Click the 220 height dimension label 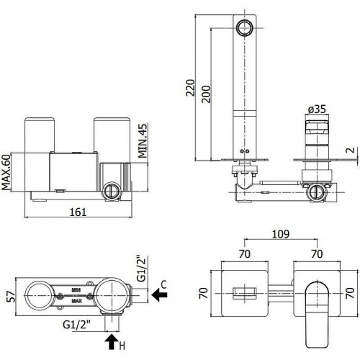click(190, 88)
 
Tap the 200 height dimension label click(206, 94)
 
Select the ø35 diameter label click(317, 109)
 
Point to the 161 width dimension click(78, 212)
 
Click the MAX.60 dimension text click(6, 172)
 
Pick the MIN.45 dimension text click(143, 140)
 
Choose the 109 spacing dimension click(281, 234)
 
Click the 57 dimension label click(11, 297)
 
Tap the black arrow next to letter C click(159, 294)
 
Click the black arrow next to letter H click(112, 342)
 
